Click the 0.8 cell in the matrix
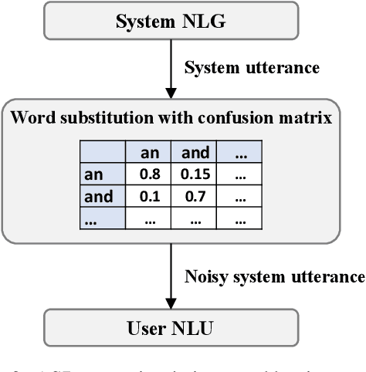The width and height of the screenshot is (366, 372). point(151,174)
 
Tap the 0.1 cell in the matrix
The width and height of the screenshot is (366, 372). point(151,196)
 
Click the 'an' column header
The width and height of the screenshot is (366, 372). point(151,153)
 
